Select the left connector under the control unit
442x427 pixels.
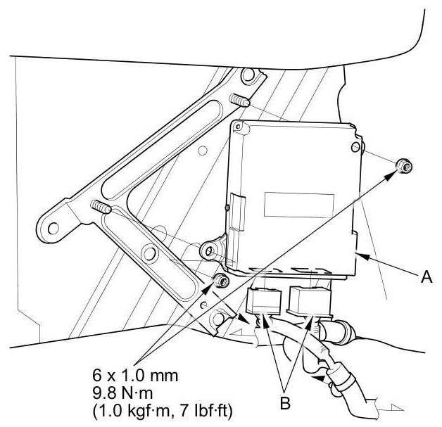pyautogui.click(x=262, y=301)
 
